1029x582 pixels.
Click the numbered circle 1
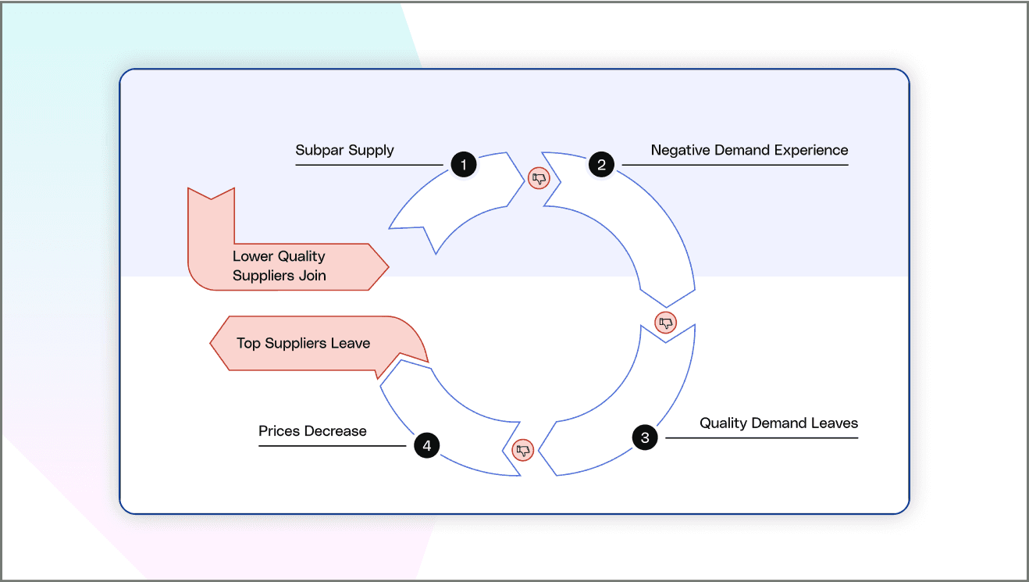pos(464,165)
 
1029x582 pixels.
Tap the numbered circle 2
pos(601,165)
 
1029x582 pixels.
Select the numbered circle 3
pos(645,437)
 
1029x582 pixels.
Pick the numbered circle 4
pos(426,446)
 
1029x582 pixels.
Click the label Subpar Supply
pos(344,150)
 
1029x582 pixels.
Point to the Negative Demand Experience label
pos(749,150)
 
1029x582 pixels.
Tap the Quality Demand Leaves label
pos(778,423)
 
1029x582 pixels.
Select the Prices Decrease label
pos(312,431)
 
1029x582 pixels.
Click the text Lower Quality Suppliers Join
pos(279,266)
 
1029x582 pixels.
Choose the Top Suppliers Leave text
pos(303,343)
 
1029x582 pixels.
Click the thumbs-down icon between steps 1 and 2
pos(539,178)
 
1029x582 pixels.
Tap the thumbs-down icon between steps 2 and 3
pos(665,322)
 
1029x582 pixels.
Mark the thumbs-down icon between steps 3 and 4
pos(523,450)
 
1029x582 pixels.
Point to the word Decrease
pos(335,431)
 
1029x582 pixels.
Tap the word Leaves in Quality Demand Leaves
pos(835,423)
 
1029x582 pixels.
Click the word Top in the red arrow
pos(248,343)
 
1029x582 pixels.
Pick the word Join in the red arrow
pos(312,276)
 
